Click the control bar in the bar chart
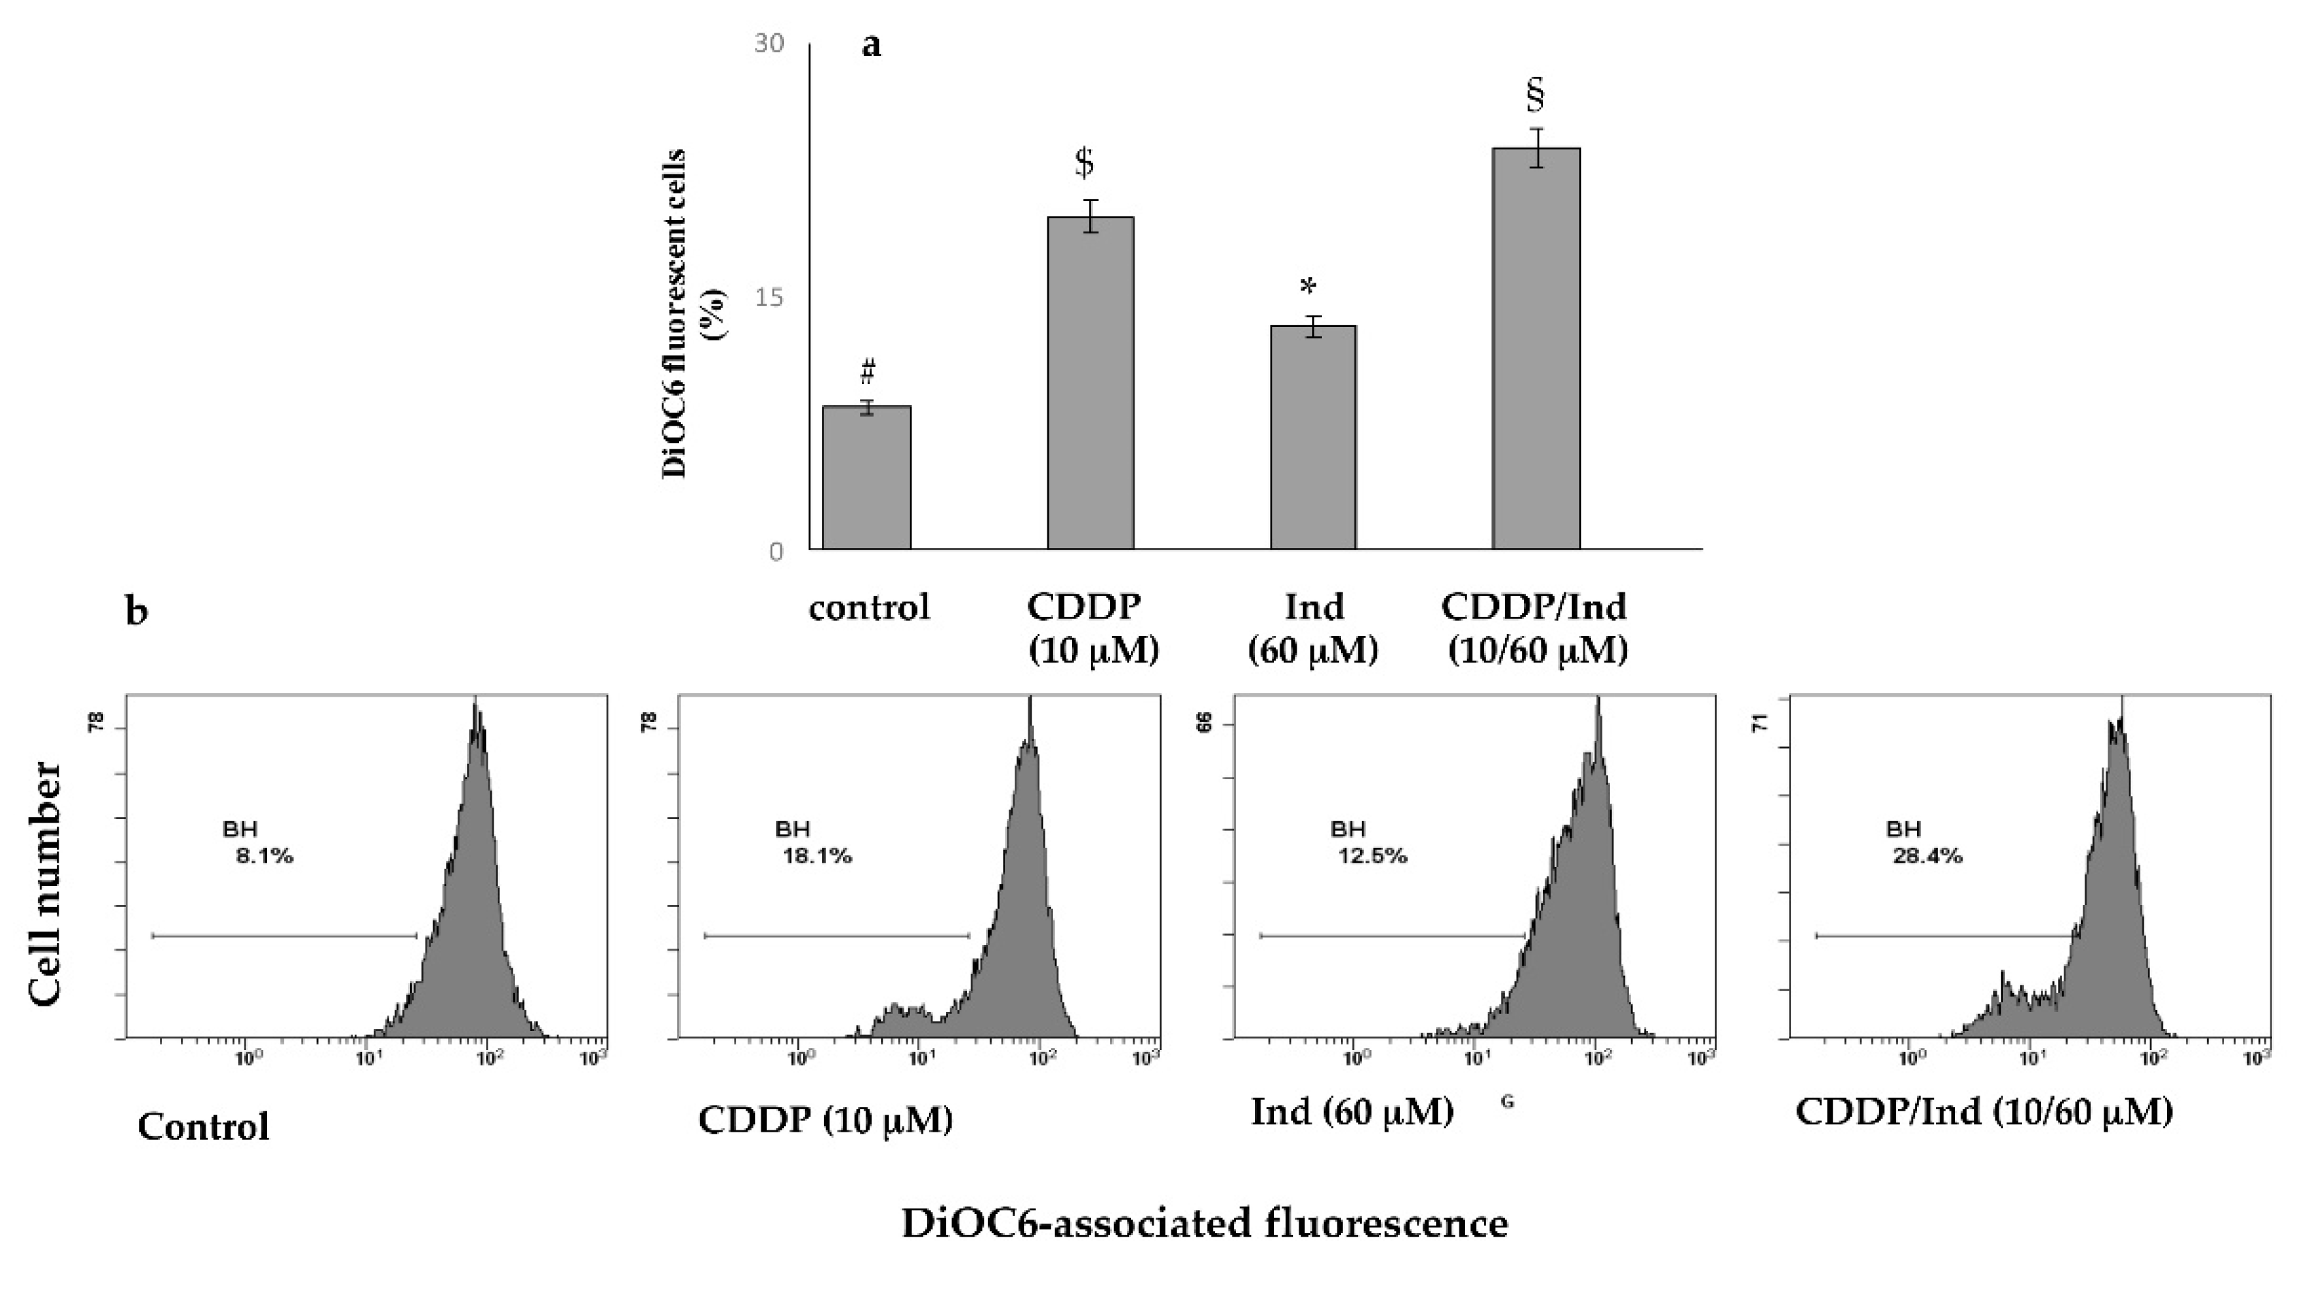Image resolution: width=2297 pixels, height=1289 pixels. click(x=866, y=478)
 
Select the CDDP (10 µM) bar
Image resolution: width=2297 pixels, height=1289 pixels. click(x=1090, y=383)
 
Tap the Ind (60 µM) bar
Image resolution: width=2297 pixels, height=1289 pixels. click(x=1312, y=436)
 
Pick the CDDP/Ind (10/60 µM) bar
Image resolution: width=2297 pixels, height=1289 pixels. click(x=1536, y=349)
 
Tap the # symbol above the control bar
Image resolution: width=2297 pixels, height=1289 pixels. click(x=868, y=369)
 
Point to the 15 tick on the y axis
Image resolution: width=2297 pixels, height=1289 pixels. click(x=769, y=297)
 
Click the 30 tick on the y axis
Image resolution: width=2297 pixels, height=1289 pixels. click(x=769, y=44)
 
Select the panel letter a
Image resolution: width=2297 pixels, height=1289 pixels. click(x=871, y=44)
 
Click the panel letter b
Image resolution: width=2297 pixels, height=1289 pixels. click(x=136, y=612)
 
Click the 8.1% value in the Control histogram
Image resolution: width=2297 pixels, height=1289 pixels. click(x=264, y=857)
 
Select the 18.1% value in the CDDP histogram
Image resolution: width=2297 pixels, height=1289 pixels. click(x=817, y=857)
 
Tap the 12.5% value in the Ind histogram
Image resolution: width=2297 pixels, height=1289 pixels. click(x=1372, y=857)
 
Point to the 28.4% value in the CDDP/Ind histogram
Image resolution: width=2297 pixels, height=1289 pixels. click(x=1927, y=857)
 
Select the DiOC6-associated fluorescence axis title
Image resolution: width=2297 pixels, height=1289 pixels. click(x=1204, y=1223)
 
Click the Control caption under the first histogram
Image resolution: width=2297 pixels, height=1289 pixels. click(x=204, y=1127)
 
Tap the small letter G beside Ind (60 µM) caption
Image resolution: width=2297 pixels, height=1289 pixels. click(x=1507, y=1102)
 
